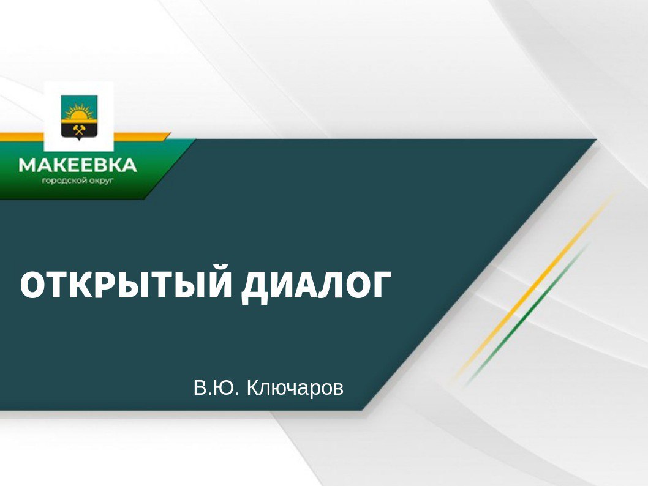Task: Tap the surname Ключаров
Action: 295,388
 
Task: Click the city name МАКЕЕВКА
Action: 78,165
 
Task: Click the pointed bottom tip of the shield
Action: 79,140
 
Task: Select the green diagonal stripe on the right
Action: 527,315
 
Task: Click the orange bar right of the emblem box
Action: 141,136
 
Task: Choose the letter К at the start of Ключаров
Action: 254,387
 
